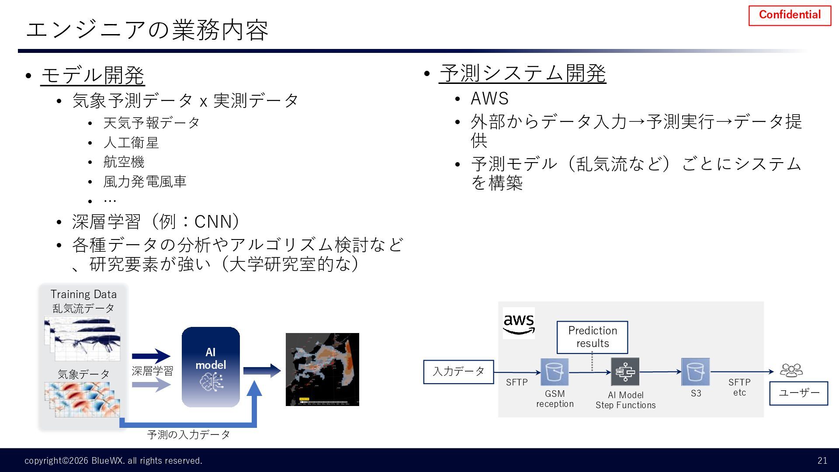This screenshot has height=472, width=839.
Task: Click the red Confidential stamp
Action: tap(790, 15)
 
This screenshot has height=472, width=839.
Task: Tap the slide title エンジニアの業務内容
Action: tap(147, 30)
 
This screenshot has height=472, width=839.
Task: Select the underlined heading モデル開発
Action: tap(93, 75)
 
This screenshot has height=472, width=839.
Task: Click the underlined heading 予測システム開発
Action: tap(523, 73)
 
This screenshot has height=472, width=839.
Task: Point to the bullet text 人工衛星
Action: tap(131, 142)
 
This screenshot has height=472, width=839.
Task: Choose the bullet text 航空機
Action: tap(124, 162)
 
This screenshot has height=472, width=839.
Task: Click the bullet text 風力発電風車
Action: tap(145, 181)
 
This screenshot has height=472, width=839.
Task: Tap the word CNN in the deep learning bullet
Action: tap(213, 222)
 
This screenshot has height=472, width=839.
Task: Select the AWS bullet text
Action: tap(489, 99)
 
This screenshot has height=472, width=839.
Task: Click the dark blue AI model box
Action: tap(211, 367)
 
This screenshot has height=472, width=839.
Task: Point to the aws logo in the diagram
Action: tap(519, 323)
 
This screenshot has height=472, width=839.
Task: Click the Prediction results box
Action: tap(592, 337)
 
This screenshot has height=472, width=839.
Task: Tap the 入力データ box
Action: tap(458, 372)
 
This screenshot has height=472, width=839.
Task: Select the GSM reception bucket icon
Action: tap(555, 372)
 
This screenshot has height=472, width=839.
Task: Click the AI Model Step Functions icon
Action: tap(625, 372)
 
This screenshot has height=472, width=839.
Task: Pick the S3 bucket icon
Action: tap(695, 372)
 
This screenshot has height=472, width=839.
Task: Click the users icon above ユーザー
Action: tap(791, 371)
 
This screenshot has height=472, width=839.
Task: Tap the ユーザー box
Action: tap(798, 393)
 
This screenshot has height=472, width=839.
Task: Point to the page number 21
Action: tap(822, 460)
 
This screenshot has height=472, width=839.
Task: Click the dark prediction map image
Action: tap(322, 369)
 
